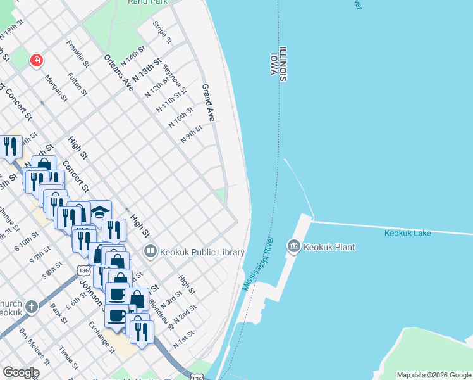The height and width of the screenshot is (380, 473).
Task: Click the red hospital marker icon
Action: (37, 61)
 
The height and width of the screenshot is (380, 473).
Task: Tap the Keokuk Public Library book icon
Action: (150, 251)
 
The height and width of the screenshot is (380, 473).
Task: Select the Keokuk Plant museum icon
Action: (293, 246)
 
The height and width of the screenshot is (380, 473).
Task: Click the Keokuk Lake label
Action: (407, 233)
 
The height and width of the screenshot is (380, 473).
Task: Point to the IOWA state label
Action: (275, 64)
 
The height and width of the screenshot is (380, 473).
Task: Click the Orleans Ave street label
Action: (119, 72)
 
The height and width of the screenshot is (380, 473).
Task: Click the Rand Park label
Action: (147, 2)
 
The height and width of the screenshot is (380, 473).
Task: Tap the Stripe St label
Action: (163, 32)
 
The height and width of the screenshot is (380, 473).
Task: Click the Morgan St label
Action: (55, 89)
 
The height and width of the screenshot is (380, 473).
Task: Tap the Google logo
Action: (21, 372)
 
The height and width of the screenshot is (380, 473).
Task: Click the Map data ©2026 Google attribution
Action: (434, 375)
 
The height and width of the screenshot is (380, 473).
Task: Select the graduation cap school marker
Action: (100, 210)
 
